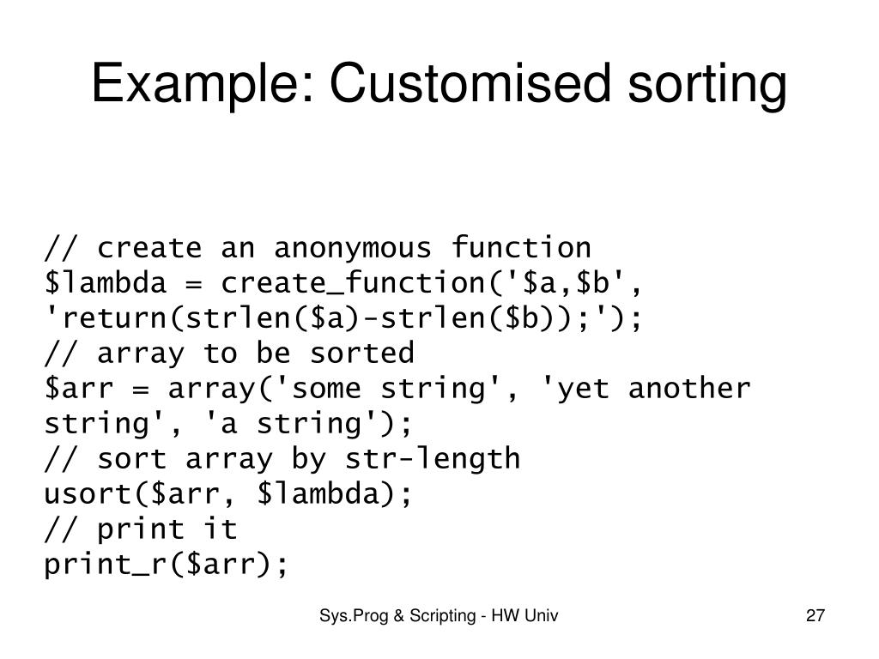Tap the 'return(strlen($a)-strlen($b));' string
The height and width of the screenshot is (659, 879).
tap(335, 318)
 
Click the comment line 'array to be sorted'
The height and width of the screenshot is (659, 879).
tap(229, 353)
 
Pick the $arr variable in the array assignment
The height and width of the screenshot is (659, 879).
tap(80, 389)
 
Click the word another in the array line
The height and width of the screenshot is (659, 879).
tap(689, 389)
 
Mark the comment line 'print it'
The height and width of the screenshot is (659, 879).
tap(141, 529)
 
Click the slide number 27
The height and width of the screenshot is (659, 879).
tap(815, 615)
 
